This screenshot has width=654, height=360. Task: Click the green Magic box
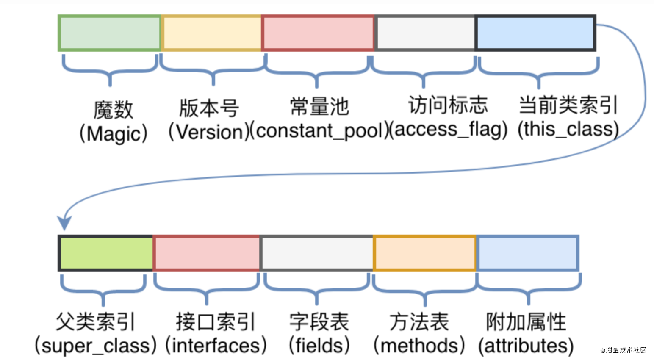click(x=110, y=33)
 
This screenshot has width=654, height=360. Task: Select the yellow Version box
click(x=211, y=33)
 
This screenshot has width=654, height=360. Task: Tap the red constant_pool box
click(x=318, y=33)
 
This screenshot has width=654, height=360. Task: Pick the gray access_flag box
click(x=425, y=33)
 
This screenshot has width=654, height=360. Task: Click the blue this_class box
click(x=536, y=33)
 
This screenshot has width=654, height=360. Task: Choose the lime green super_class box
click(x=106, y=253)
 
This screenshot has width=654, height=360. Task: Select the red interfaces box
click(x=206, y=253)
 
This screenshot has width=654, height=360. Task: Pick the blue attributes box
click(x=528, y=253)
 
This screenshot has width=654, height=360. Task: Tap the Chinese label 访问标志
click(x=448, y=105)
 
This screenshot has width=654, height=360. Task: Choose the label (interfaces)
click(x=216, y=346)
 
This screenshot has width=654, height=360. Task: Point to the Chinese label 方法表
click(x=419, y=322)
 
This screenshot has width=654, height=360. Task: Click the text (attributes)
click(x=526, y=346)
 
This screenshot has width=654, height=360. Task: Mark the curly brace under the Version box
click(x=213, y=70)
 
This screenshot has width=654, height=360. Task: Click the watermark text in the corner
click(x=623, y=350)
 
